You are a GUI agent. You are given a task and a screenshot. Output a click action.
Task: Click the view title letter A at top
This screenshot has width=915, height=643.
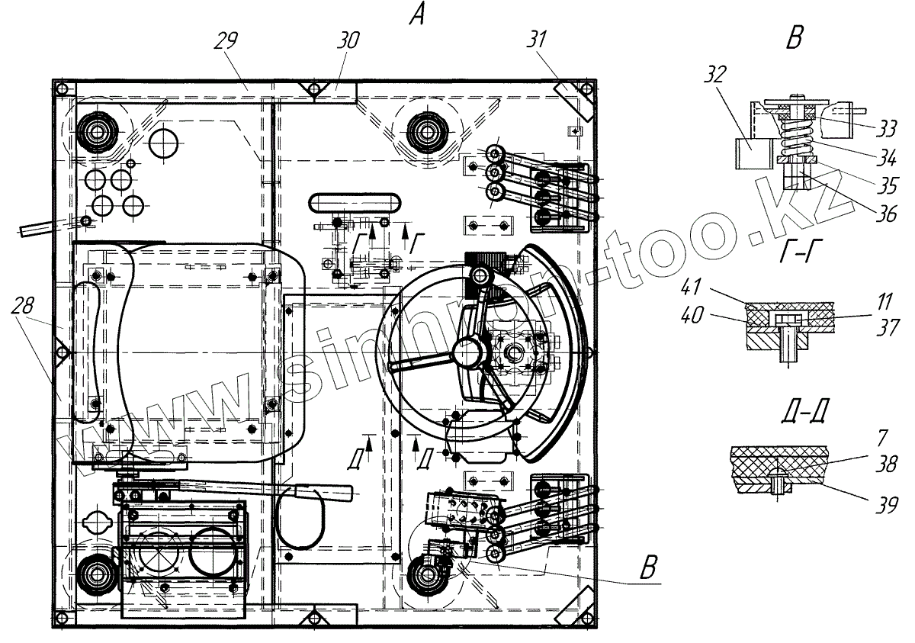418,14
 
